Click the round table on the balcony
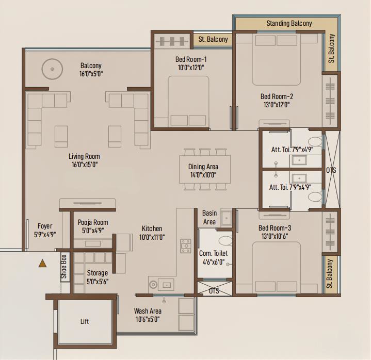point(52,69)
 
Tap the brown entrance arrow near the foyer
point(42,263)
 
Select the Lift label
point(85,321)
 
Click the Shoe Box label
point(63,267)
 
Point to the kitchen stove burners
point(186,246)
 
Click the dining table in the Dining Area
point(205,169)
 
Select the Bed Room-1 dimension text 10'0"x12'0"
point(191,68)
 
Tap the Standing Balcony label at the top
point(289,23)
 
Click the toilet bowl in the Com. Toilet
point(225,240)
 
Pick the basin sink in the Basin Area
point(227,218)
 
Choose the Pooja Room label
point(93,222)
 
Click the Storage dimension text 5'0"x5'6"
point(97,282)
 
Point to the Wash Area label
point(148,311)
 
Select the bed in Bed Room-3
point(277,268)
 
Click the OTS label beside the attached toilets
point(331,170)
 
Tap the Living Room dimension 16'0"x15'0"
point(85,165)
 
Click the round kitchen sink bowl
point(153,285)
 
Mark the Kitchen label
point(152,228)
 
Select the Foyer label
point(45,226)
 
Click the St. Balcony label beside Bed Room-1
point(213,39)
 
